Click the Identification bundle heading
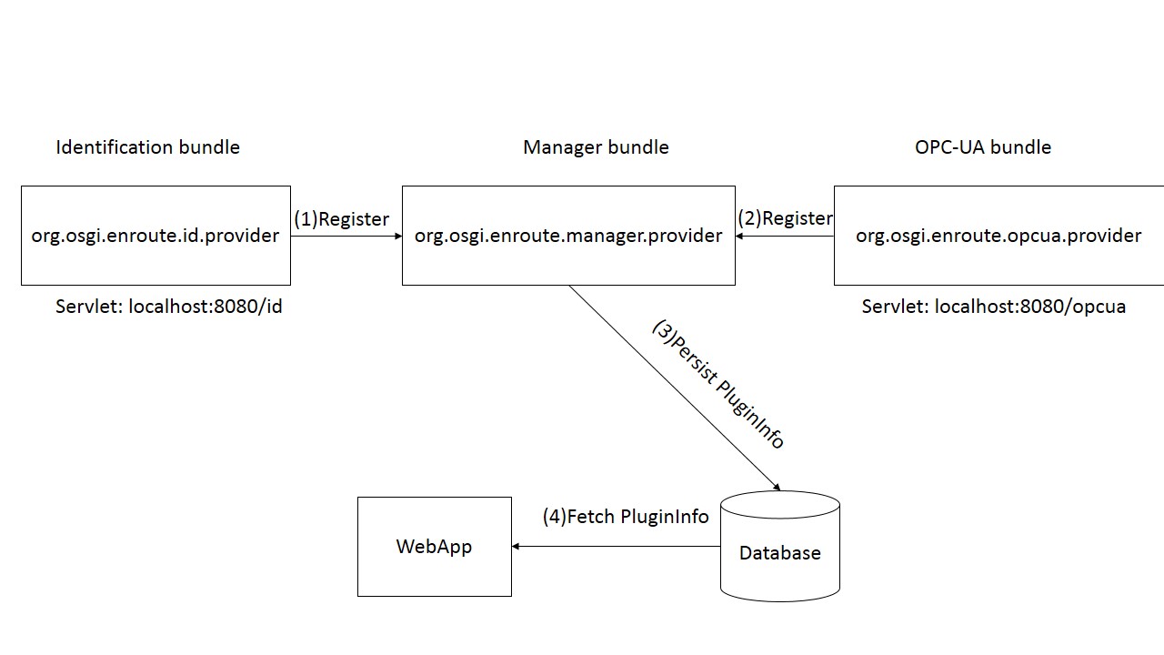click(x=147, y=147)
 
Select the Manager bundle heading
click(x=596, y=147)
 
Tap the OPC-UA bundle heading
click(x=983, y=147)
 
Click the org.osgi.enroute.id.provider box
click(x=156, y=236)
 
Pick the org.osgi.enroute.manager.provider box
click(x=568, y=236)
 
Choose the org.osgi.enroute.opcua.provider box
click(x=998, y=236)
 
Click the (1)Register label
click(x=341, y=219)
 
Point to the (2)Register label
click(x=785, y=218)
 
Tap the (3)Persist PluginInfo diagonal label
click(x=718, y=384)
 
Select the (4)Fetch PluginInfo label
click(x=626, y=517)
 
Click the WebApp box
click(x=435, y=547)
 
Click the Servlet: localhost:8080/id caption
click(x=169, y=307)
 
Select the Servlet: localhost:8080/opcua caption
click(x=994, y=307)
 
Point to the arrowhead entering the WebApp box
click(x=517, y=547)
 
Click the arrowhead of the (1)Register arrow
click(x=397, y=237)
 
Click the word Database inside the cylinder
click(x=780, y=553)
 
